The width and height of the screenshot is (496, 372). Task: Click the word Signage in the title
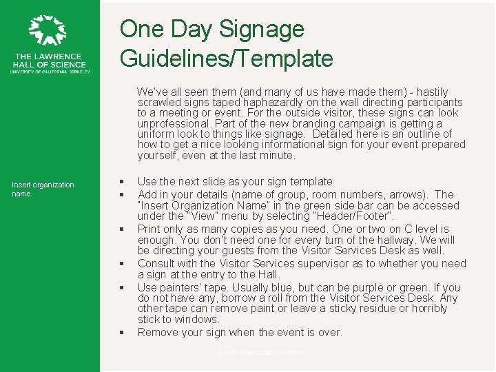pos(262,29)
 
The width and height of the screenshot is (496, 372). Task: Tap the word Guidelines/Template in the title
pos(227,59)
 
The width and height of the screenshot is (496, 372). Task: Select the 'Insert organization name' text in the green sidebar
pos(43,189)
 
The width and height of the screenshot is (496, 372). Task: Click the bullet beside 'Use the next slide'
pos(121,182)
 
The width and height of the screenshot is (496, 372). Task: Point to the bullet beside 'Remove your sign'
pos(121,333)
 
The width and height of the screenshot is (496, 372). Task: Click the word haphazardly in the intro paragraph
pos(269,103)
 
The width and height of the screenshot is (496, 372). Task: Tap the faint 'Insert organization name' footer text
pos(260,352)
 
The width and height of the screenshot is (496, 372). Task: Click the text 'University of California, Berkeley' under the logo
pos(50,71)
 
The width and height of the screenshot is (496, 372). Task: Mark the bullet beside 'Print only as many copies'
pos(121,229)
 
